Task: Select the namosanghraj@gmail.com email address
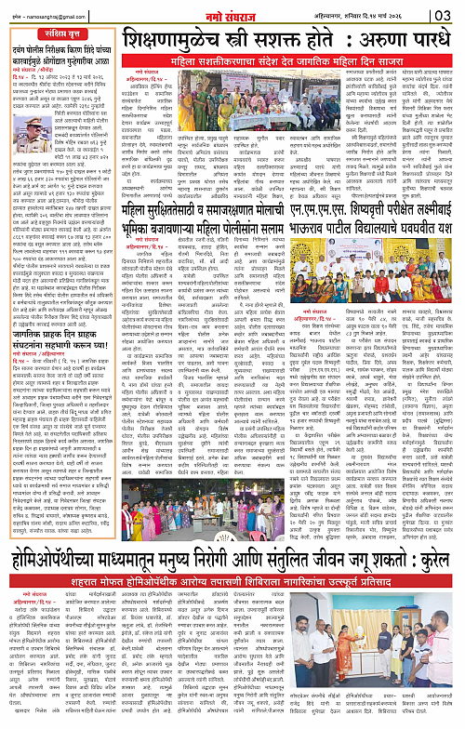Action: tap(44, 16)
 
